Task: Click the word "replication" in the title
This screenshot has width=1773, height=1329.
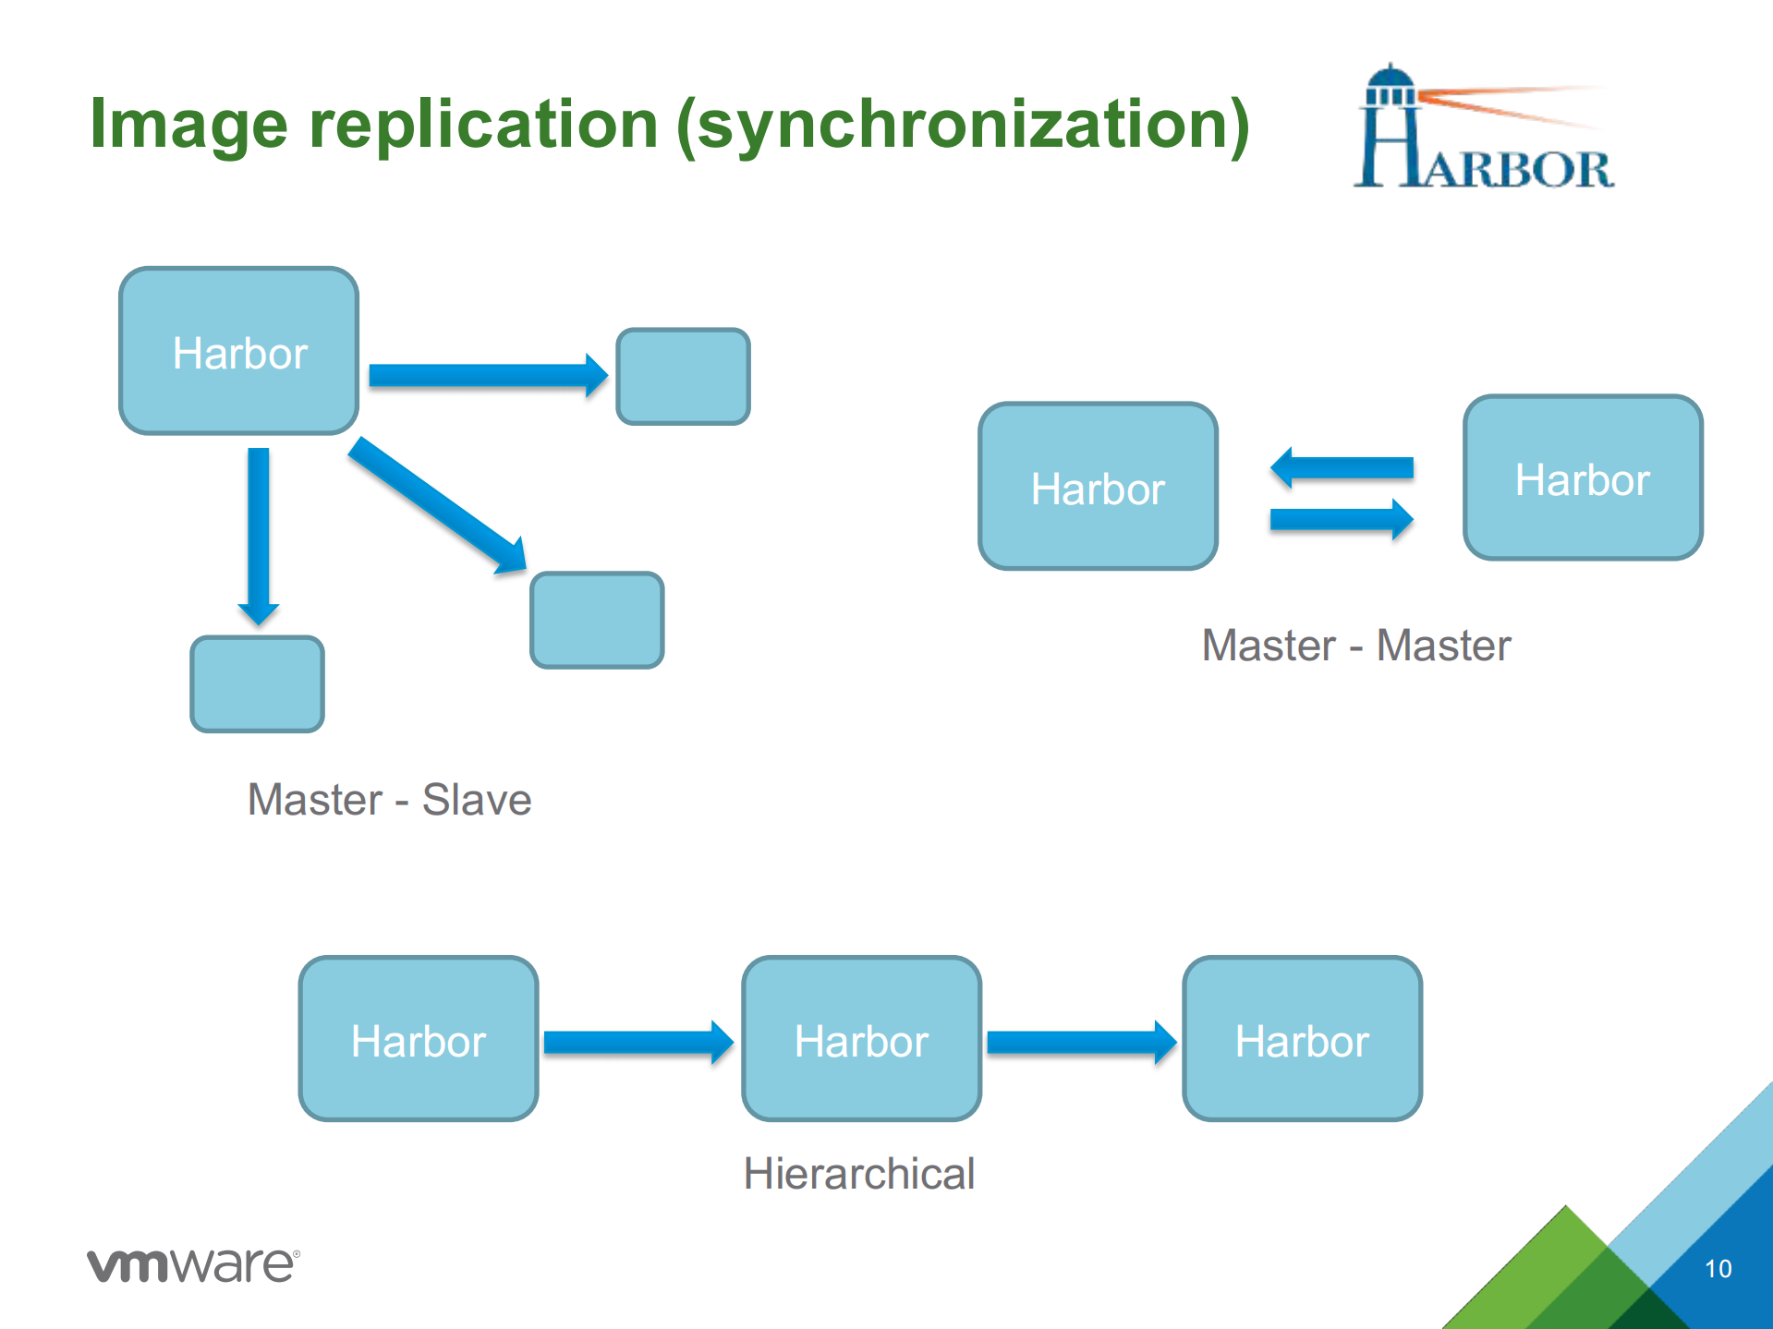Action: click(x=482, y=125)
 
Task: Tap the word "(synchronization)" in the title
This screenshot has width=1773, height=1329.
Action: click(x=963, y=127)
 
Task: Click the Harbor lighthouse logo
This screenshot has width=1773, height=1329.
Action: click(x=1483, y=128)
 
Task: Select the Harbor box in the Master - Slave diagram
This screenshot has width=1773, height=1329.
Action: click(x=239, y=351)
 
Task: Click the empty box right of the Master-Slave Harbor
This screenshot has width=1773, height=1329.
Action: click(x=683, y=377)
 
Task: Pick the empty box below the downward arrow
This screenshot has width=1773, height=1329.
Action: click(x=257, y=684)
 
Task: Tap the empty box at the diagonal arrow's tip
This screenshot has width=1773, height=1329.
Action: click(x=597, y=620)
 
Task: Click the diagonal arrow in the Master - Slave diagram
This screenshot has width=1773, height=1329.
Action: click(x=437, y=504)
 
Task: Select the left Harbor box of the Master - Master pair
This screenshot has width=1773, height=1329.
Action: click(x=1098, y=487)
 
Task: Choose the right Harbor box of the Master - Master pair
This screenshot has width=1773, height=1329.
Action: click(x=1583, y=478)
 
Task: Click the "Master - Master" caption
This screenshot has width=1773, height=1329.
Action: click(x=1355, y=646)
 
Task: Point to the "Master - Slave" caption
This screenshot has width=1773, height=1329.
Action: click(x=389, y=800)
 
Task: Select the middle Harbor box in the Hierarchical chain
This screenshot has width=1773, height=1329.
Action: click(x=861, y=1039)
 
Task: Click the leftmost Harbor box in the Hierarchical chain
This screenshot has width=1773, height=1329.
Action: click(x=419, y=1039)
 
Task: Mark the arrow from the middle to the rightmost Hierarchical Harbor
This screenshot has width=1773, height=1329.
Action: click(x=1081, y=1043)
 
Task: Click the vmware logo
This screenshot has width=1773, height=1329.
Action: click(x=193, y=1264)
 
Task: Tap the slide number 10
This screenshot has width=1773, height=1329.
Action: click(x=1718, y=1269)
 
